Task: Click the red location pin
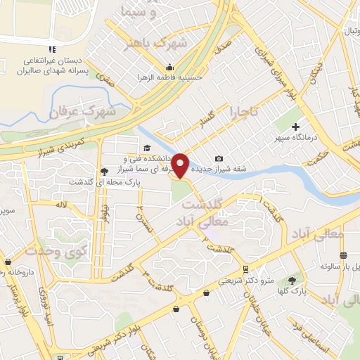(x=181, y=165)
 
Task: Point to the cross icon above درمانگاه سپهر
(x=295, y=125)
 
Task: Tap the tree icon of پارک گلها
(x=302, y=280)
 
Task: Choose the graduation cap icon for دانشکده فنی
(x=147, y=148)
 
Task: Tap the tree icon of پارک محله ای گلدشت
(x=105, y=170)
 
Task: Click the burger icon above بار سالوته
(x=343, y=255)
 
